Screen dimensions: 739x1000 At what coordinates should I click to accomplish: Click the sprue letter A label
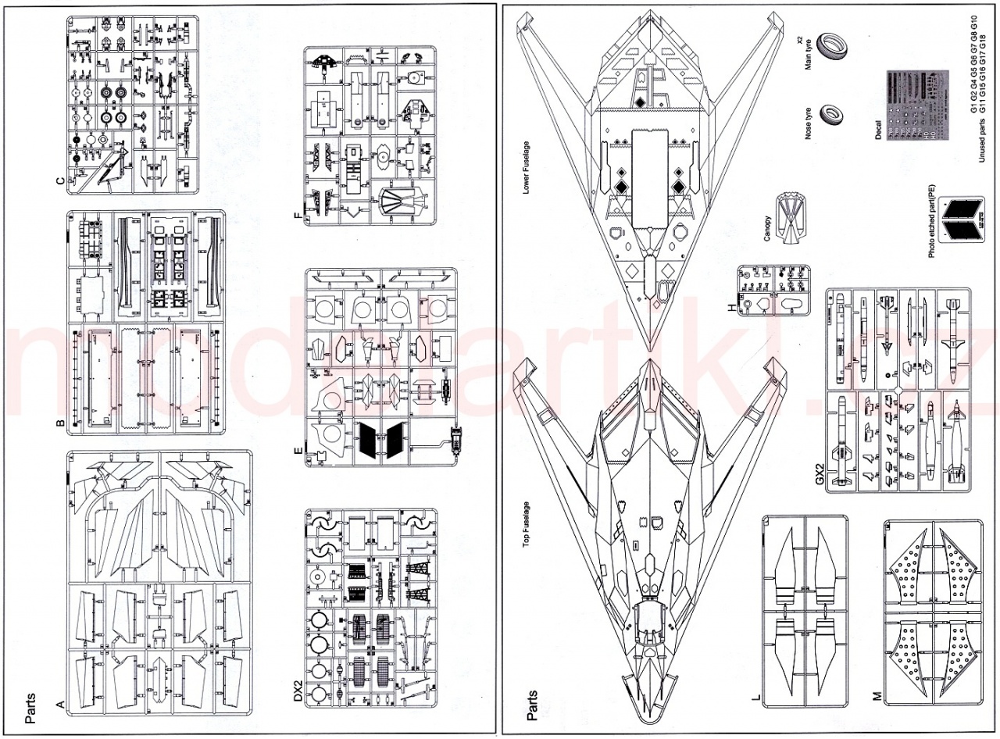(x=60, y=705)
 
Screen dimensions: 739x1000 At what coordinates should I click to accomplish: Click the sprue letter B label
(x=60, y=425)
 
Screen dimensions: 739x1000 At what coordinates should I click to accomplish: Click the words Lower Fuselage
(x=526, y=167)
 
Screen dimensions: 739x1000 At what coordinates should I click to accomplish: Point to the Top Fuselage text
(x=526, y=527)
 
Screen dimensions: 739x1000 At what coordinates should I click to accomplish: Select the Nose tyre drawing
(x=830, y=120)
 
